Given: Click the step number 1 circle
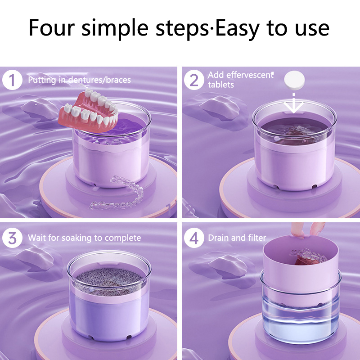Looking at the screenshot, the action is tap(12, 80).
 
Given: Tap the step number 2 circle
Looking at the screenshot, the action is tap(194, 80).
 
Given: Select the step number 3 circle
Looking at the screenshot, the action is tap(12, 238).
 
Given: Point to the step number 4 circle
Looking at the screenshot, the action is tap(194, 238).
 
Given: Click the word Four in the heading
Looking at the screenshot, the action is tap(52, 28).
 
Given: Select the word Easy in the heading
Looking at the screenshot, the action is tap(238, 29).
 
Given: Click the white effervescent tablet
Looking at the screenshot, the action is tap(294, 80).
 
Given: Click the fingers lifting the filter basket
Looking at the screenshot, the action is tap(308, 229).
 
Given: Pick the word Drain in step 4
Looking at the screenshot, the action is tap(219, 238).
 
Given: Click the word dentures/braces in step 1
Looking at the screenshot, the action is tap(99, 80).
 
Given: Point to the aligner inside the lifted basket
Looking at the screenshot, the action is tap(308, 256).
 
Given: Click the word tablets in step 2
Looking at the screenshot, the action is tap(221, 85).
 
